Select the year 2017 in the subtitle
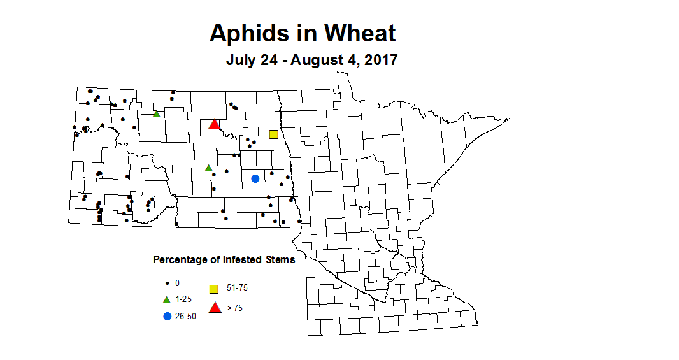380,61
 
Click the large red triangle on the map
215,124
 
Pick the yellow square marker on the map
274,134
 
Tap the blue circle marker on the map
255,178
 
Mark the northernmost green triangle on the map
156,114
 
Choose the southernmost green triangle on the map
208,168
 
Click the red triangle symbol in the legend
215,308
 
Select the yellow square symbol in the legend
215,288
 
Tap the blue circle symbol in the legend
167,317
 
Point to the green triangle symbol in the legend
167,299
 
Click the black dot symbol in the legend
167,283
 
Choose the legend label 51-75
237,288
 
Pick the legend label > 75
235,308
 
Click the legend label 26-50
185,317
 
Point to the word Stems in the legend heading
281,260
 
